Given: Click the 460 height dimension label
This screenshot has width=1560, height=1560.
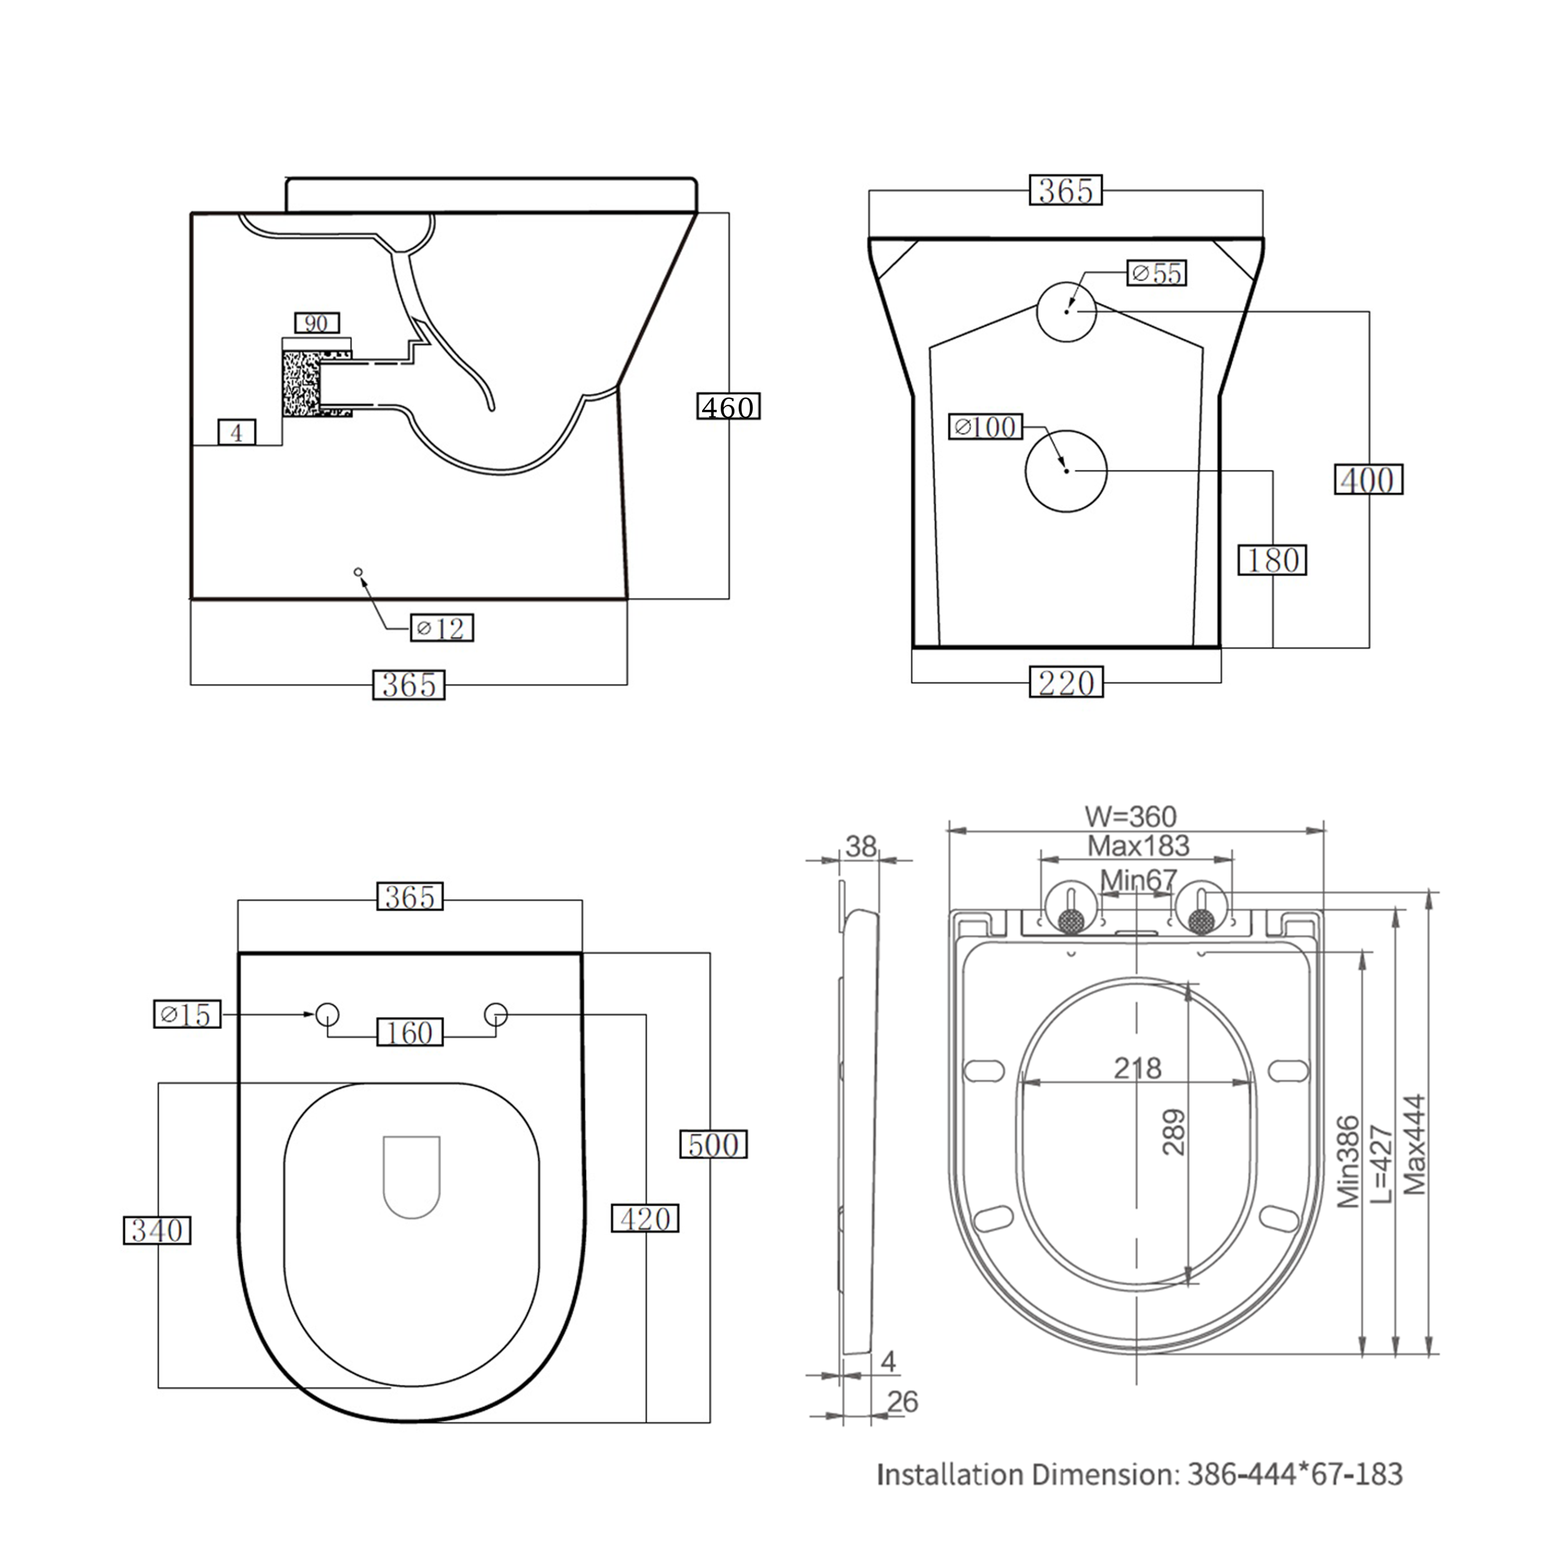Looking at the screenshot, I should pos(728,406).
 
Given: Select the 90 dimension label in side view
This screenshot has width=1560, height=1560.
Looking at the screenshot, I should pos(316,323).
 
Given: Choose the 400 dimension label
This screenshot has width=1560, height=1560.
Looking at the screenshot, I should pos(1368,480).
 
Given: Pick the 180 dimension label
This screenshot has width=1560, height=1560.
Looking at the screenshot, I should pos(1272,560).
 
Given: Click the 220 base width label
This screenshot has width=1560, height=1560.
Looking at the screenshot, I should pos(1066,683).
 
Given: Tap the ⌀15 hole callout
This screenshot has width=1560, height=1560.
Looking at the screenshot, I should pos(187,1014).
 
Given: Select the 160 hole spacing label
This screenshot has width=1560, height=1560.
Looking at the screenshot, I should pos(409,1033).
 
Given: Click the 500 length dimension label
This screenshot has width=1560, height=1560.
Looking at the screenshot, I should pos(713,1144).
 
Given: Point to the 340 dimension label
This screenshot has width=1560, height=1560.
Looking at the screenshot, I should pos(157,1231).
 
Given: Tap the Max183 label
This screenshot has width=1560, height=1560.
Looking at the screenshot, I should pos(1138,846).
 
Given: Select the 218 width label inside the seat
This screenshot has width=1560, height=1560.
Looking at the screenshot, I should pos(1137,1068).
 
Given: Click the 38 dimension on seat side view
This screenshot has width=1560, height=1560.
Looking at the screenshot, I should pos(860,846).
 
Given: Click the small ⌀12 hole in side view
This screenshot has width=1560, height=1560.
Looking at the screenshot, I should pos(358,572).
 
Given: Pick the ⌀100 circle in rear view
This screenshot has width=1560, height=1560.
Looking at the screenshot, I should pos(1066,470).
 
